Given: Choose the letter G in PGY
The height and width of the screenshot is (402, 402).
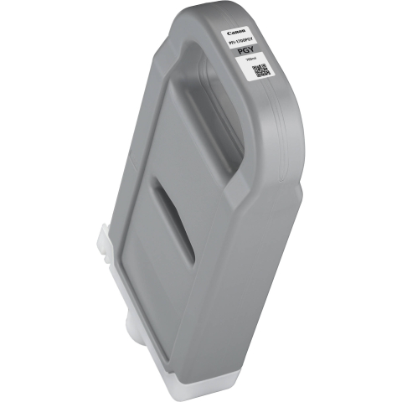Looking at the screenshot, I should click(247, 50).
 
